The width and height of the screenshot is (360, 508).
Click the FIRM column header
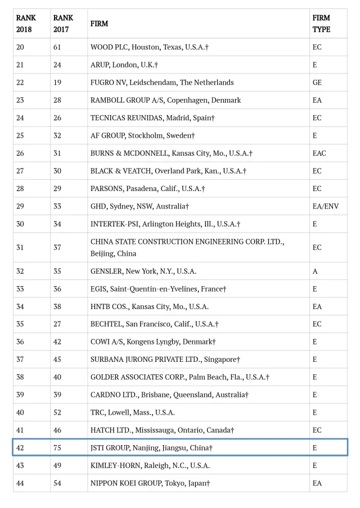99,24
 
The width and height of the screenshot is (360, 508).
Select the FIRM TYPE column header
321,24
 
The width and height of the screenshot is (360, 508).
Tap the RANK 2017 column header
63,24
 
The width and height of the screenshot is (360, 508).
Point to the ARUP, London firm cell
124,65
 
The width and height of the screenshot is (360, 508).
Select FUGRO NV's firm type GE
317,83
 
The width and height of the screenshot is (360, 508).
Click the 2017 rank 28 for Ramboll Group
57,100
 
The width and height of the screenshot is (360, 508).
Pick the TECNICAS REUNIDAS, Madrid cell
152,118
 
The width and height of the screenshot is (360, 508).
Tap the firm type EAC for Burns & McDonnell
319,153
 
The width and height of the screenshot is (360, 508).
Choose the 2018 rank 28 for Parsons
20,189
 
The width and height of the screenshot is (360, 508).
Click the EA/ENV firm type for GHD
326,206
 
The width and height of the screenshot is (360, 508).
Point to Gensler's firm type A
315,271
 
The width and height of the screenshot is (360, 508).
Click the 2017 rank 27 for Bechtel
57,324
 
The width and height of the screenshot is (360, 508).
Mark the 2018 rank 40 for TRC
20,412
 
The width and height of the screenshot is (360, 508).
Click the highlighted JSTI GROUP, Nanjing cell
151,448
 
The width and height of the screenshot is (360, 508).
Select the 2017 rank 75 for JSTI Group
57,448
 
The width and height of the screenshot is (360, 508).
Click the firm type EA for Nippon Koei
317,483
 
